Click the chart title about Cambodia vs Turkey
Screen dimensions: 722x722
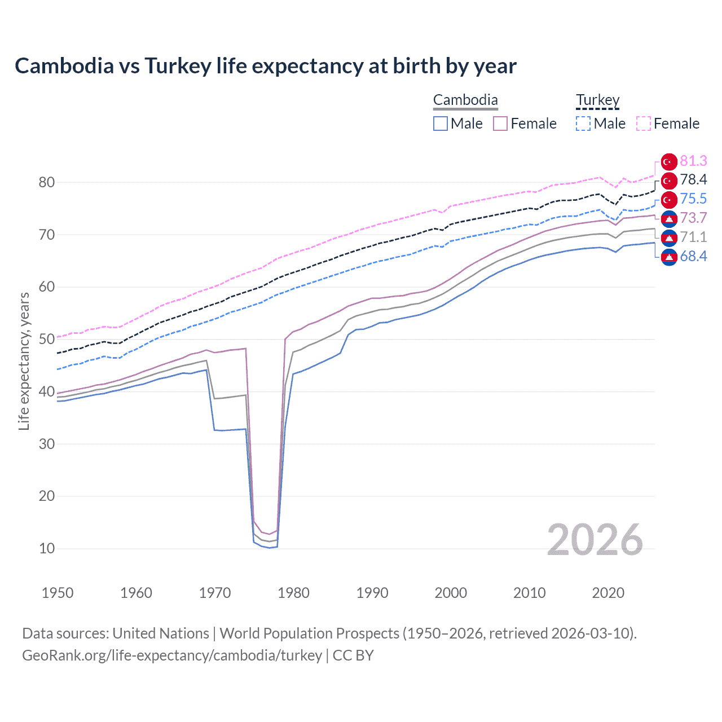point(265,66)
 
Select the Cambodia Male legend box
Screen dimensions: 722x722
point(441,124)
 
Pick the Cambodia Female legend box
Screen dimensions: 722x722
point(500,124)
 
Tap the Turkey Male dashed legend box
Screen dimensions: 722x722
point(583,124)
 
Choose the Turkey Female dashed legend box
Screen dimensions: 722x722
point(644,124)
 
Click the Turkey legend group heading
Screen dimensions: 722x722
point(597,100)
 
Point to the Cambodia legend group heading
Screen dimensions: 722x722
point(465,100)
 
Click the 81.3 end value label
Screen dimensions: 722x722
point(693,161)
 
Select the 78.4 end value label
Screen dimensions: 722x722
point(693,180)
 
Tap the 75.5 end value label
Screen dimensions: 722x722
point(693,199)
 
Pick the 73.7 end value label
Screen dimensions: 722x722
point(693,218)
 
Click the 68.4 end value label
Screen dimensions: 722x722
point(693,257)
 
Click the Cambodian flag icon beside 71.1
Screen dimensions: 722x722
point(669,237)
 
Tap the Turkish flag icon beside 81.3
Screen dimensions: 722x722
point(669,162)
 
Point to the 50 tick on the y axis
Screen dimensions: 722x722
point(47,340)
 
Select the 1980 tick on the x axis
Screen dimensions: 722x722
point(293,593)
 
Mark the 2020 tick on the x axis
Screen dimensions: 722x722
point(608,593)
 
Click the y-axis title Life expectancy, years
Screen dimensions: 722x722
point(24,361)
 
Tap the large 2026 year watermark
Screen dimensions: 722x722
point(595,540)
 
